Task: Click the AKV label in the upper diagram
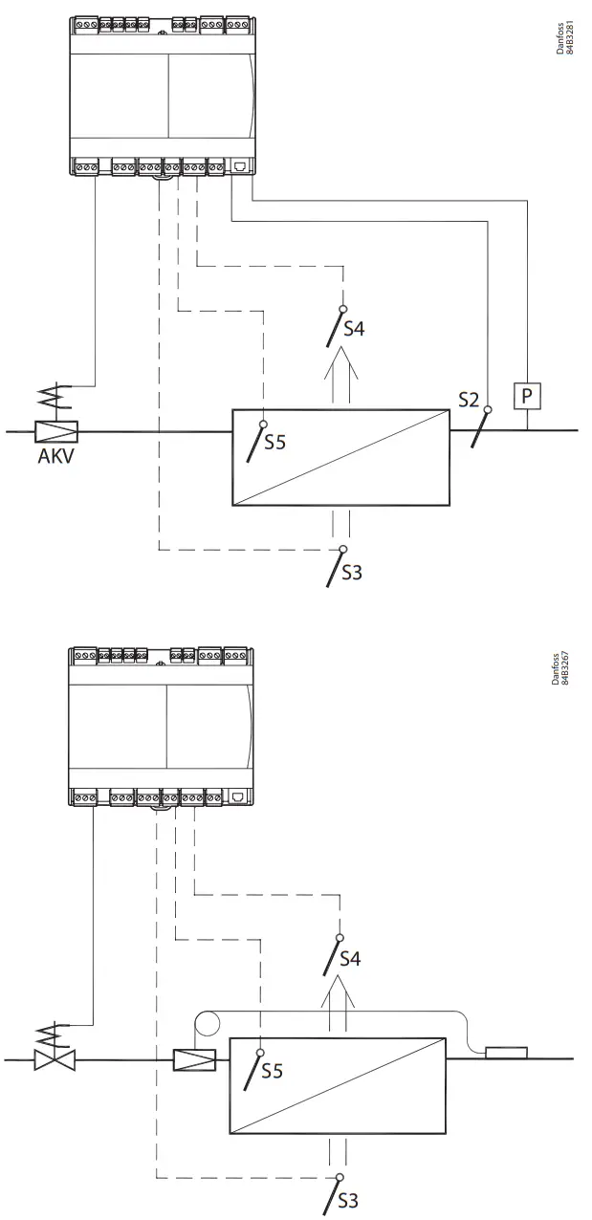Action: (x=55, y=455)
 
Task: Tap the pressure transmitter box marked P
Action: (x=527, y=396)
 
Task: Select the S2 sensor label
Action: (x=469, y=400)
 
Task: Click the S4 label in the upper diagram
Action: (x=354, y=328)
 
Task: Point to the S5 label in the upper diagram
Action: (x=274, y=443)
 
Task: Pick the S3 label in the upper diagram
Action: (x=351, y=573)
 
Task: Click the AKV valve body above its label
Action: (x=56, y=431)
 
